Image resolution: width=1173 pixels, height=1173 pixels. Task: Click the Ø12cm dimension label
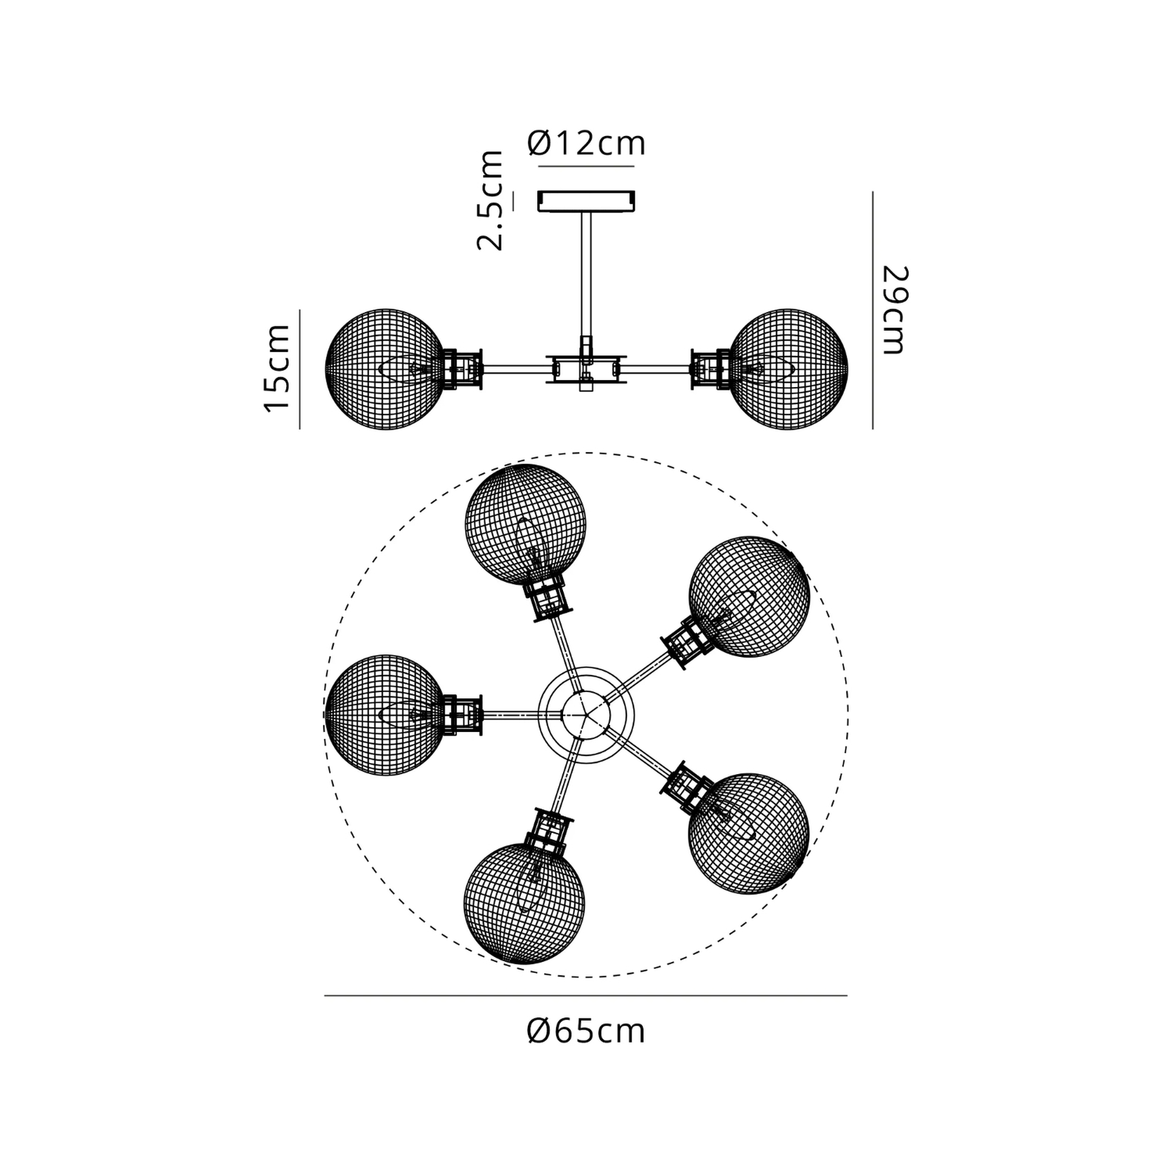tap(586, 144)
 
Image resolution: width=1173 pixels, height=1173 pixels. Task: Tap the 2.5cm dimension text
tap(491, 200)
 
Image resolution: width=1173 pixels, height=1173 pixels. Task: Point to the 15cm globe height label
tap(277, 368)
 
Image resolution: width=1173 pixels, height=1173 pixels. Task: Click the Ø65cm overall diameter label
tap(586, 1032)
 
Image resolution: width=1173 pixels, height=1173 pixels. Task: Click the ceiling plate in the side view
tap(586, 201)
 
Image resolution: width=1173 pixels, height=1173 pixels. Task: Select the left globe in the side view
tap(385, 369)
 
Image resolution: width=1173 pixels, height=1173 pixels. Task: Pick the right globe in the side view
tap(788, 369)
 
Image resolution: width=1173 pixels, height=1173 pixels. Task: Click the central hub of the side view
tap(586, 369)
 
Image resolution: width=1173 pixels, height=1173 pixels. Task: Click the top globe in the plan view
tap(526, 525)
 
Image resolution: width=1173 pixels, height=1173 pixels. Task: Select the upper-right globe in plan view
tap(749, 597)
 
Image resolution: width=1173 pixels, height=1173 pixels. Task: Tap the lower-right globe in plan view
tap(749, 834)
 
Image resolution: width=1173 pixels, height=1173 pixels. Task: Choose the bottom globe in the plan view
tap(524, 903)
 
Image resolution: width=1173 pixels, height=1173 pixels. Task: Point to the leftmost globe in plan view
tap(385, 715)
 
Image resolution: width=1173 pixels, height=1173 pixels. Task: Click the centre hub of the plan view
tap(586, 715)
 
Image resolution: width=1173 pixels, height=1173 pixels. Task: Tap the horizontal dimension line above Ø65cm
tap(586, 996)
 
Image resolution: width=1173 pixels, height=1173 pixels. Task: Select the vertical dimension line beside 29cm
tap(873, 310)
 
